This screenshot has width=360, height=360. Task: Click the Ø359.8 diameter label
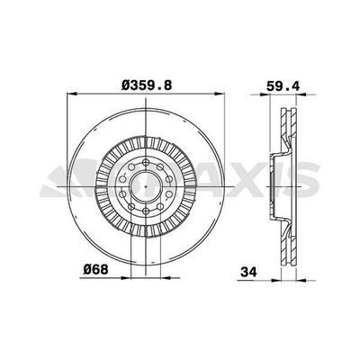147,85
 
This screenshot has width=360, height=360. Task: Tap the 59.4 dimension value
283,86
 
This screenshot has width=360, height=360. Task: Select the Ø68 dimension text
95,270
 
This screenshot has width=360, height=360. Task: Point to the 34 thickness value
248,272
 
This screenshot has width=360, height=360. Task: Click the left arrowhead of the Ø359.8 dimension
72,94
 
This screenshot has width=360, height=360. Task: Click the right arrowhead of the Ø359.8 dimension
219,94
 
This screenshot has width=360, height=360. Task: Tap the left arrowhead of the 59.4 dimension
265,94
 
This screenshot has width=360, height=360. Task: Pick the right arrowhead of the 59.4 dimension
301,94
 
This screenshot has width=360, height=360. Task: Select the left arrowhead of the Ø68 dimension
126,278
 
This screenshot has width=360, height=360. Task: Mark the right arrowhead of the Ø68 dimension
166,278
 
